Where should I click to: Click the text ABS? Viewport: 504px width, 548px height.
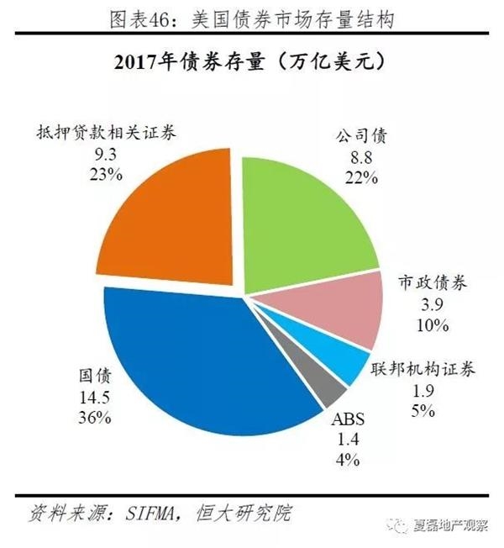[346, 419]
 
